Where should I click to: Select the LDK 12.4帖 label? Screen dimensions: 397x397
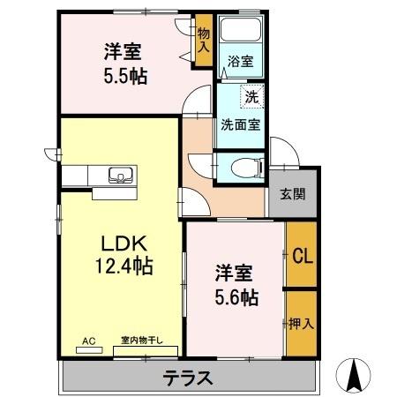[124, 252]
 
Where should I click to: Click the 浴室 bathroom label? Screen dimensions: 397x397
[241, 61]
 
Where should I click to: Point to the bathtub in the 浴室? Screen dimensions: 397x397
[240, 34]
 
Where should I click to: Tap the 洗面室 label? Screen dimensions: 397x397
[240, 124]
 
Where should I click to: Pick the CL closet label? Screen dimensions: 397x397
[301, 257]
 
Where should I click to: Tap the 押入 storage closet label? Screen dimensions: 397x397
[301, 324]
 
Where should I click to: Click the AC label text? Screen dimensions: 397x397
[89, 340]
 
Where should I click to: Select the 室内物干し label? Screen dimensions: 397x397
[144, 340]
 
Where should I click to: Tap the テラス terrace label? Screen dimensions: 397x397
[188, 378]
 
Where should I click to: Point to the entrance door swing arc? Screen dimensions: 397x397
[284, 151]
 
